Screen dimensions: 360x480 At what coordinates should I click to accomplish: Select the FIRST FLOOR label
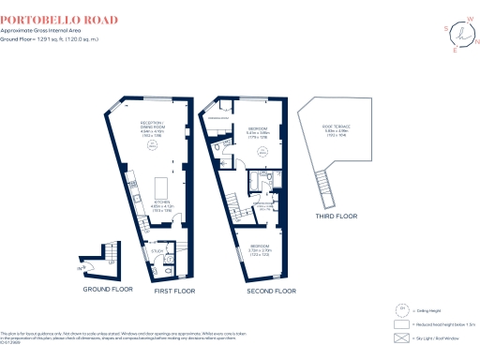tap(172, 290)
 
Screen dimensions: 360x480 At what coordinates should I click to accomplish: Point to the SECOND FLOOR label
tap(271, 291)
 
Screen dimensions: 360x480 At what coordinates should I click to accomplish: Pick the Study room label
tap(158, 250)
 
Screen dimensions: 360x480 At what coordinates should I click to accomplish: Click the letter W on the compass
tap(467, 16)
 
